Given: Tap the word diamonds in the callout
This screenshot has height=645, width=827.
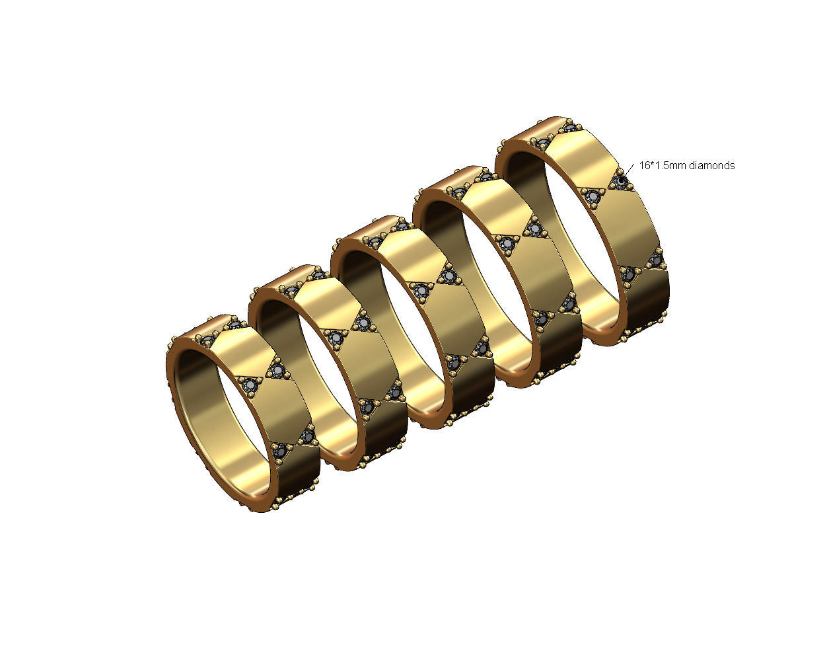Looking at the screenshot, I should tap(711, 166).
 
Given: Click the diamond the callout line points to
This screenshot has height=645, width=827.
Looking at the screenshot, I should tap(622, 179).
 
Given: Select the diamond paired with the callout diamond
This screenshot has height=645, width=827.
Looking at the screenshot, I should tap(593, 196).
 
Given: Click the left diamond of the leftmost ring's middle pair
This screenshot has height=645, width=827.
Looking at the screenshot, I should tap(250, 385).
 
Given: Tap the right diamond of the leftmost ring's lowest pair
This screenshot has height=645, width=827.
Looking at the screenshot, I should tap(306, 435).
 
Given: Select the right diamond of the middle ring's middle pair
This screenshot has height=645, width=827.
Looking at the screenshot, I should tap(450, 276).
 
